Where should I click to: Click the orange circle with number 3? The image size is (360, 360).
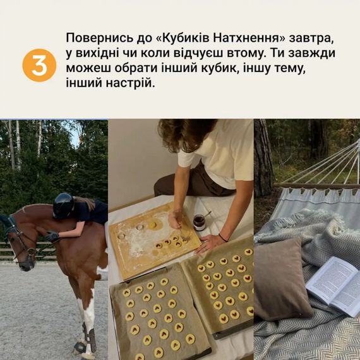[39, 65]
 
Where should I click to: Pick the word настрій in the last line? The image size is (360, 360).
[130, 83]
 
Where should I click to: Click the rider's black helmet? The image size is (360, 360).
[63, 205]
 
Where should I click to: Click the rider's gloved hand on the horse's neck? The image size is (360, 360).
[52, 236]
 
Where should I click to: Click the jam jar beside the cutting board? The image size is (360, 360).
[199, 222]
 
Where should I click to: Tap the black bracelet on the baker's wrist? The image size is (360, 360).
[223, 238]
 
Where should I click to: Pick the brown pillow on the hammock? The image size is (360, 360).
[280, 279]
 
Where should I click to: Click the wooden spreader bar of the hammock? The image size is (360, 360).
[316, 186]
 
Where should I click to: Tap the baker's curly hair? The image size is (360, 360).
[186, 135]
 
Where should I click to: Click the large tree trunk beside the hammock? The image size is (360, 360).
[263, 159]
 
